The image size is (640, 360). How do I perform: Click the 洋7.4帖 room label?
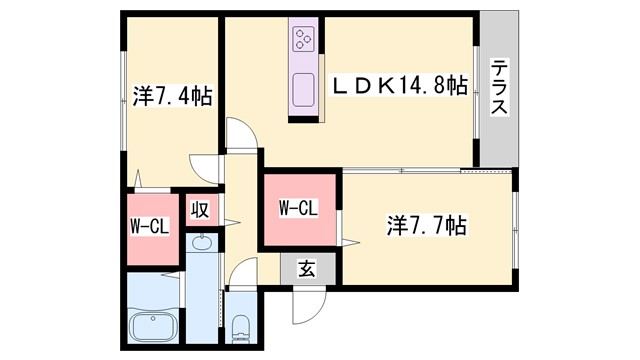coord(171,97)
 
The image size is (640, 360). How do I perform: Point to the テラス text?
coord(498,87)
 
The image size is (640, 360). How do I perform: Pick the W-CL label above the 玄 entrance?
coord(297,208)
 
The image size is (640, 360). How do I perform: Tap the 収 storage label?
coord(199,210)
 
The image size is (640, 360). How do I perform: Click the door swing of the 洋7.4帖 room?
coord(203,168)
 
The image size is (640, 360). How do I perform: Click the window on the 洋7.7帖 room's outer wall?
coord(516,230)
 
